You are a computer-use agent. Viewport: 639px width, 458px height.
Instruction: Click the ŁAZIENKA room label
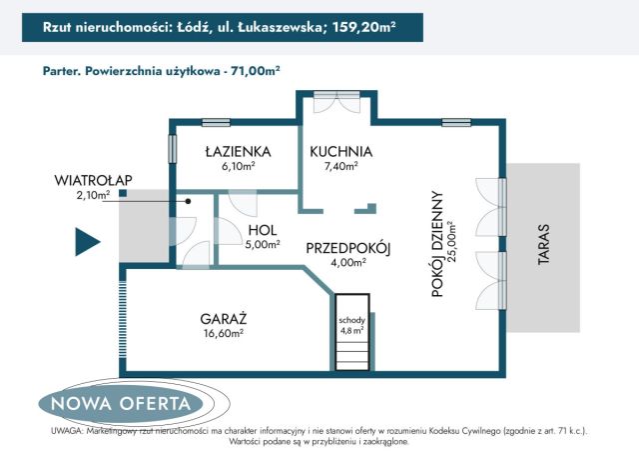(234, 152)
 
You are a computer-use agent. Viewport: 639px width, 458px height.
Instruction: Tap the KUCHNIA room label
(340, 152)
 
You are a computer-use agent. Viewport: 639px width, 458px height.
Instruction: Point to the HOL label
(262, 229)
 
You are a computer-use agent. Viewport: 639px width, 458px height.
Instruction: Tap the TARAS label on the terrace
(543, 246)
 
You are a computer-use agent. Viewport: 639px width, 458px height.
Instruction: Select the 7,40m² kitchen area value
(340, 167)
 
